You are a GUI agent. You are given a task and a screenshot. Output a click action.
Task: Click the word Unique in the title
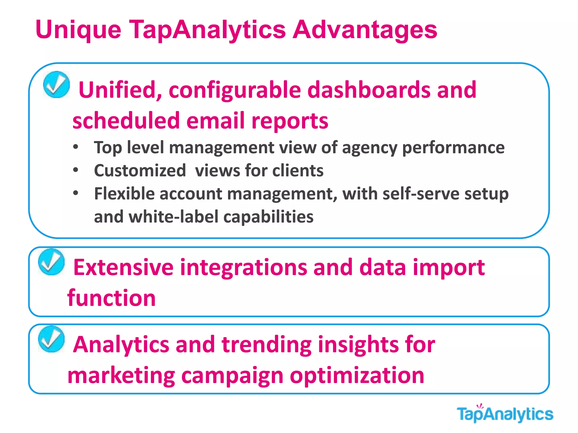[x=78, y=30]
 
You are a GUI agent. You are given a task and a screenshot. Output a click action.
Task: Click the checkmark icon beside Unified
[x=56, y=85]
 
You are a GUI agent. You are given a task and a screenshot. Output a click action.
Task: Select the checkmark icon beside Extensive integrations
[x=51, y=262]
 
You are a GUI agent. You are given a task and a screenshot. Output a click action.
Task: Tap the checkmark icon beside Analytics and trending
[x=51, y=339]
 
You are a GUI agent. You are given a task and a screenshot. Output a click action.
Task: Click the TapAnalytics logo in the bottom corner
[x=505, y=414]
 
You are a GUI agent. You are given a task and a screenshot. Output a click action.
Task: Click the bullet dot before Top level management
[x=75, y=147]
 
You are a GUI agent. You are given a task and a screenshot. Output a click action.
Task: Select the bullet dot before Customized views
[x=75, y=170]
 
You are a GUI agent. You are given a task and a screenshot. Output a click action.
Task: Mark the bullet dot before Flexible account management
[x=75, y=193]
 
